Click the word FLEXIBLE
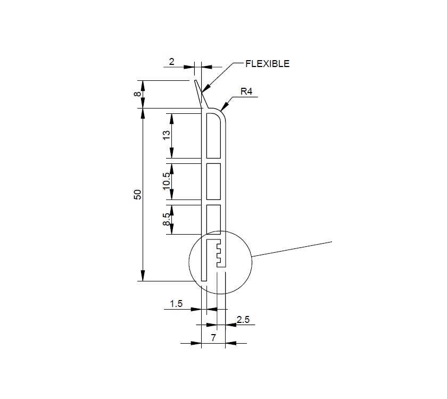pos(267,64)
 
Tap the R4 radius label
pos(246,92)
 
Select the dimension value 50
pos(137,195)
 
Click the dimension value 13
pos(167,136)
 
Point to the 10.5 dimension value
pos(167,181)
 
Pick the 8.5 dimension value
pos(167,220)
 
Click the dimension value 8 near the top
pos(137,94)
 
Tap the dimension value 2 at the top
pos(171,62)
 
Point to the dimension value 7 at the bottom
pos(213,338)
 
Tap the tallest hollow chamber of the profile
pos(213,136)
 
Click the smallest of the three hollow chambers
pos(213,220)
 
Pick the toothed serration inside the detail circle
pos(220,254)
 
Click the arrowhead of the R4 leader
pos(223,106)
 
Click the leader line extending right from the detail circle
pos(293,248)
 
